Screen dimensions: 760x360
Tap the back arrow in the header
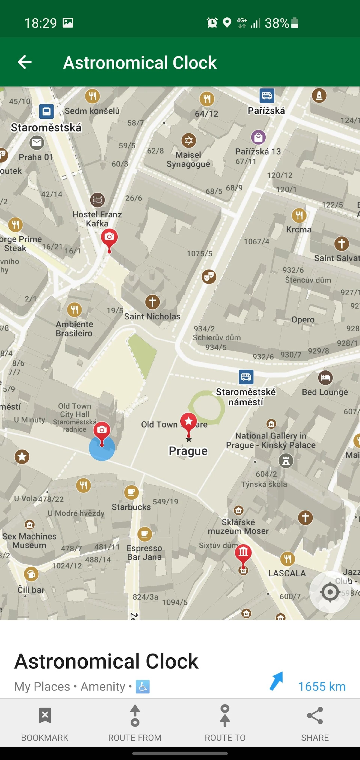(25, 62)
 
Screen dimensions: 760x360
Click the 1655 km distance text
(322, 687)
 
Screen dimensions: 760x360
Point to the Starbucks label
(131, 507)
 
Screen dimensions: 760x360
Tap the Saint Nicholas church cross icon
(152, 302)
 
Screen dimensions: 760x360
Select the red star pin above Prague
(189, 422)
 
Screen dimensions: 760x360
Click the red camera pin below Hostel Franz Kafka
(109, 238)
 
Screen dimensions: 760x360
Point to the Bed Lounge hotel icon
(325, 378)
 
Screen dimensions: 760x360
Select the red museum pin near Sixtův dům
(243, 553)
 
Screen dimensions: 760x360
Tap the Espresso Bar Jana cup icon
(145, 534)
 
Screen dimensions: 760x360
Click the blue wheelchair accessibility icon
(142, 687)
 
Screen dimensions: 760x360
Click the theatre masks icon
(209, 277)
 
